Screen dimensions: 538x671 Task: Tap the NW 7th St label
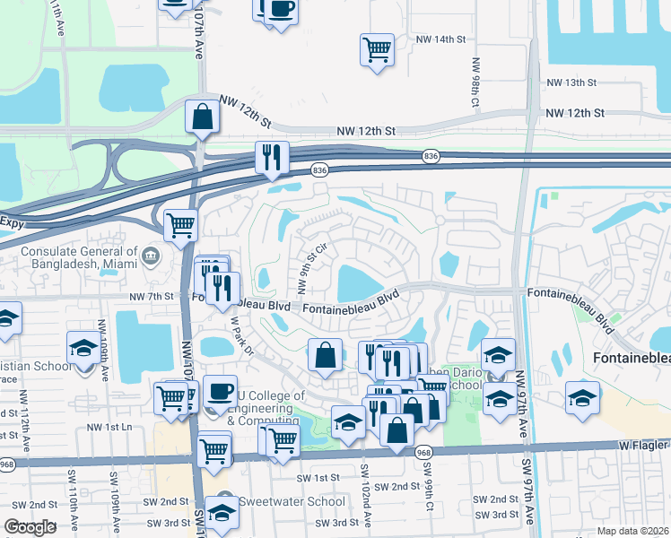coord(150,296)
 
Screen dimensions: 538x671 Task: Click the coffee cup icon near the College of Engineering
coord(220,390)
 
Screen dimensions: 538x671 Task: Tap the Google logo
coord(30,527)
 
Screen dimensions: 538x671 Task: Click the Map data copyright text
coord(632,531)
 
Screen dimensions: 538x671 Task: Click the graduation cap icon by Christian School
coord(83,346)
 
